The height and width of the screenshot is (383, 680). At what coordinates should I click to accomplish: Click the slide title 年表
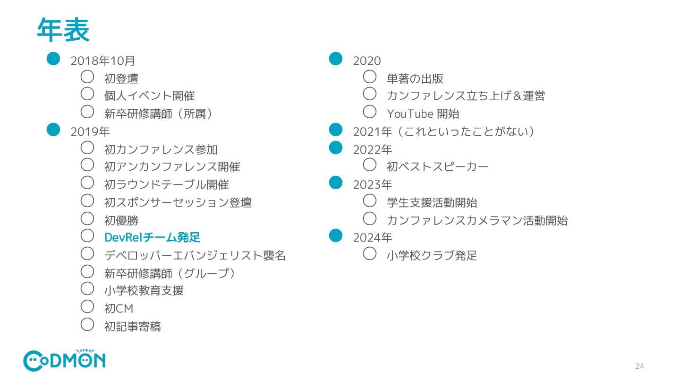click(x=63, y=30)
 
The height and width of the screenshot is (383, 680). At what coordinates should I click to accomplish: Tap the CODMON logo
click(x=64, y=361)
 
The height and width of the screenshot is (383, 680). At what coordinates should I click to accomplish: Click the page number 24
click(x=639, y=366)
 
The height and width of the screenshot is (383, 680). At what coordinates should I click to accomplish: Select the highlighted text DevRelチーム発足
click(x=152, y=237)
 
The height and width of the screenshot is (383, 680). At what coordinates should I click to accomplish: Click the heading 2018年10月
click(x=102, y=61)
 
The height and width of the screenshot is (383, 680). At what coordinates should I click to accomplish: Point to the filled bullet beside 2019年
click(x=53, y=130)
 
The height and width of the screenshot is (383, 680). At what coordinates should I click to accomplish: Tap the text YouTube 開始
click(x=423, y=114)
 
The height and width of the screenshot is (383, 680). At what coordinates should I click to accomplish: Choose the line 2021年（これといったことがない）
click(x=443, y=131)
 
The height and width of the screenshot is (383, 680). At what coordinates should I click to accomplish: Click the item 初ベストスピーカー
click(x=437, y=166)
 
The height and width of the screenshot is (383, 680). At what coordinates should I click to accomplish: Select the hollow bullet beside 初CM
click(x=87, y=306)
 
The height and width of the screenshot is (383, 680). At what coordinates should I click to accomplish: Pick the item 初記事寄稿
click(x=132, y=326)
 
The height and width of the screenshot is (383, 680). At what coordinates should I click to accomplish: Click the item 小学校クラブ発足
click(x=432, y=256)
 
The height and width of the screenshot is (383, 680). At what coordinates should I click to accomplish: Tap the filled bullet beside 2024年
click(x=335, y=235)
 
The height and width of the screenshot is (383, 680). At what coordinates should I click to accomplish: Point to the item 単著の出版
click(x=415, y=78)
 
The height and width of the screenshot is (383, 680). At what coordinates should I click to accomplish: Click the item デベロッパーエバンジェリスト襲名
click(x=195, y=256)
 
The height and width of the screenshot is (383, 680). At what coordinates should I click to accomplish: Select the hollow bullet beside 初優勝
click(x=87, y=218)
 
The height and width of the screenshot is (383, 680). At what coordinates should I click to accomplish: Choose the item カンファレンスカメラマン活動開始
click(x=477, y=220)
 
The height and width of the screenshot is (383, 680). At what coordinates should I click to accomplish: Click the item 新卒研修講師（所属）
click(x=159, y=114)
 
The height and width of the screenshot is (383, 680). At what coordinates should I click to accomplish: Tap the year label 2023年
click(x=372, y=184)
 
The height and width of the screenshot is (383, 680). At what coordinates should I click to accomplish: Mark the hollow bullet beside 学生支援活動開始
click(x=370, y=200)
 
